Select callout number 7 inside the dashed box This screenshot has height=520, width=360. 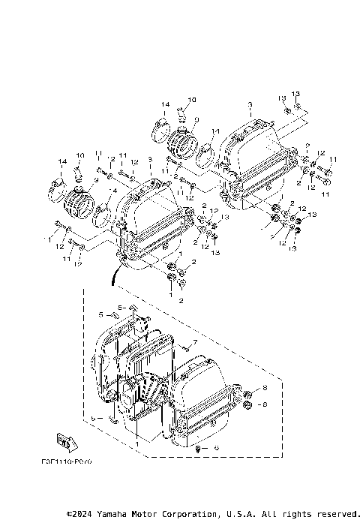193,342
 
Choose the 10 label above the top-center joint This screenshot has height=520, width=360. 191,100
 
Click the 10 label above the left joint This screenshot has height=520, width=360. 80,155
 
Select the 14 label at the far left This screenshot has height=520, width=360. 62,163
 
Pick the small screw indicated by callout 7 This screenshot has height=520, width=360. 184,347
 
